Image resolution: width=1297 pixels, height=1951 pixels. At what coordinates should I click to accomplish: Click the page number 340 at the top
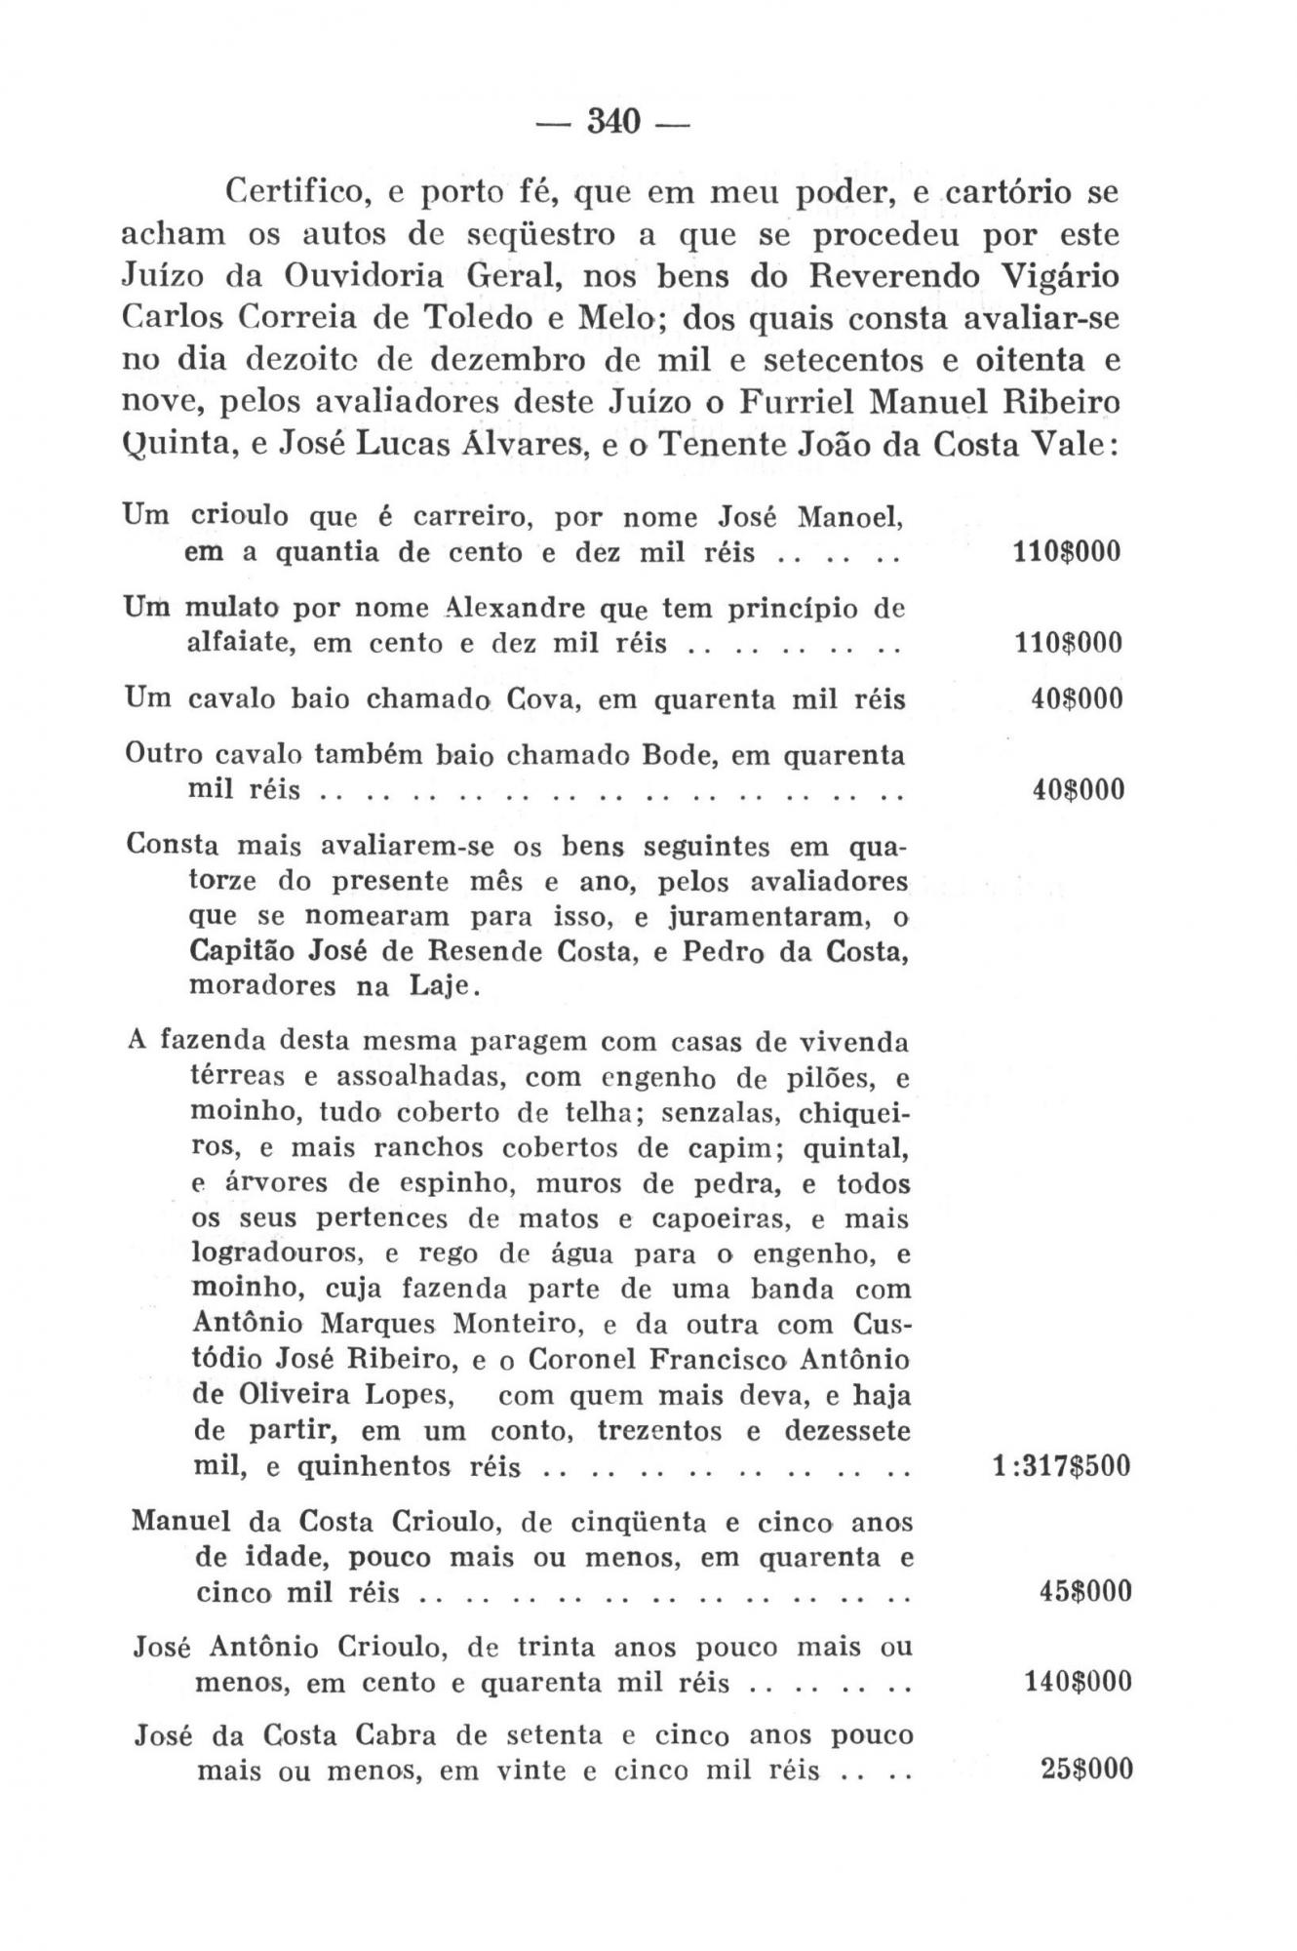[611, 123]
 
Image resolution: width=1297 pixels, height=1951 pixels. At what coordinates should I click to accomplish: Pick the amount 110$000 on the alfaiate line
[1064, 643]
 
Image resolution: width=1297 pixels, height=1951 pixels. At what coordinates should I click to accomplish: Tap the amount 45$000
[1084, 1592]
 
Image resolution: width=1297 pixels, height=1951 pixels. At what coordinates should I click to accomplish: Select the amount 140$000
[1078, 1682]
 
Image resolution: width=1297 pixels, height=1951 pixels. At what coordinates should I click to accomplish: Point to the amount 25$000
[1086, 1770]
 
